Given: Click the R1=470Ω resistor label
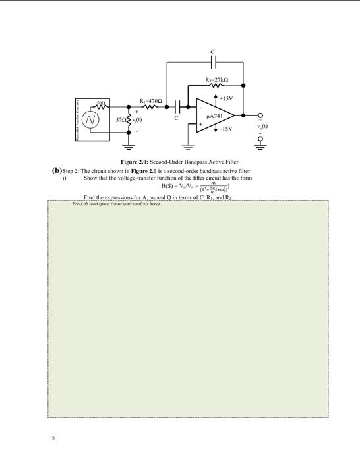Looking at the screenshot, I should pyautogui.click(x=151, y=100).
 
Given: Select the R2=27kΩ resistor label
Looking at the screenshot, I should pyautogui.click(x=216, y=80).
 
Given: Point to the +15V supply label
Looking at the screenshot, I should pyautogui.click(x=227, y=98).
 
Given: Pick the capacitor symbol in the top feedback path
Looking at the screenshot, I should pyautogui.click(x=212, y=62).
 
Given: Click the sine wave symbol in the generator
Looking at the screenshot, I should pyautogui.click(x=90, y=119).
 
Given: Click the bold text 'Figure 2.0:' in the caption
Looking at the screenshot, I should pyautogui.click(x=135, y=162).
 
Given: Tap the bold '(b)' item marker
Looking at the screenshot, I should pyautogui.click(x=57, y=170).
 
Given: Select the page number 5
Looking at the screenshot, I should pyautogui.click(x=55, y=438).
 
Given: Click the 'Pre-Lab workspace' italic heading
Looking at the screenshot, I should pyautogui.click(x=115, y=204).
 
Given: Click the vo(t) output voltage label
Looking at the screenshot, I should pyautogui.click(x=262, y=125).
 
